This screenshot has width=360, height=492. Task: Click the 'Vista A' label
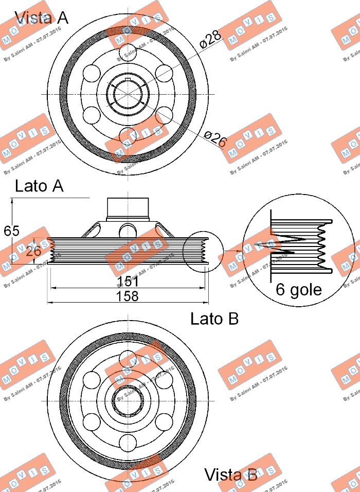click(41, 18)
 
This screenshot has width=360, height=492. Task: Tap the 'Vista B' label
click(230, 475)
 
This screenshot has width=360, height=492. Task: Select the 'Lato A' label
click(39, 186)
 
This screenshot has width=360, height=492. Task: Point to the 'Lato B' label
click(214, 319)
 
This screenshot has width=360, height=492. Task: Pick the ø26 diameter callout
click(215, 139)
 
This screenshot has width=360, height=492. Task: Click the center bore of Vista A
click(127, 93)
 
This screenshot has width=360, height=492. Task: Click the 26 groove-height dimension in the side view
click(33, 251)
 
